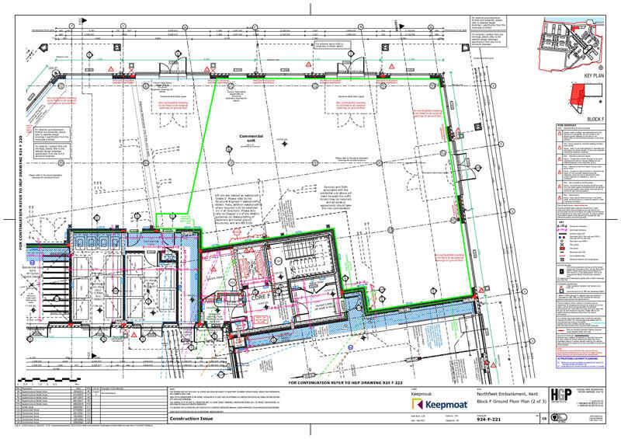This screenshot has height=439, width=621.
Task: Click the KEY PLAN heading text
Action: coord(593,76)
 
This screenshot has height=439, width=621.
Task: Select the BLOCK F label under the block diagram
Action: coord(595,119)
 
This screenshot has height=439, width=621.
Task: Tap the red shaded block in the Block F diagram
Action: coord(576,97)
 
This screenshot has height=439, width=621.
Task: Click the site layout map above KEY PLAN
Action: coord(574,44)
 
